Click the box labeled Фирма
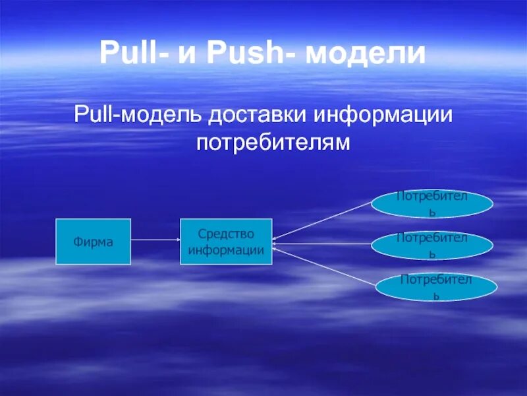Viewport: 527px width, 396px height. [93, 242]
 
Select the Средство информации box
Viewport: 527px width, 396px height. [226, 242]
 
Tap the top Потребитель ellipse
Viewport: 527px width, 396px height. [432, 204]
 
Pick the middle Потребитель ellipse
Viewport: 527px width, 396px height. [432, 245]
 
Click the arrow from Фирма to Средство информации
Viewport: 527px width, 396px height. [155, 240]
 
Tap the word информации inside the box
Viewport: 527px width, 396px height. [226, 250]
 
